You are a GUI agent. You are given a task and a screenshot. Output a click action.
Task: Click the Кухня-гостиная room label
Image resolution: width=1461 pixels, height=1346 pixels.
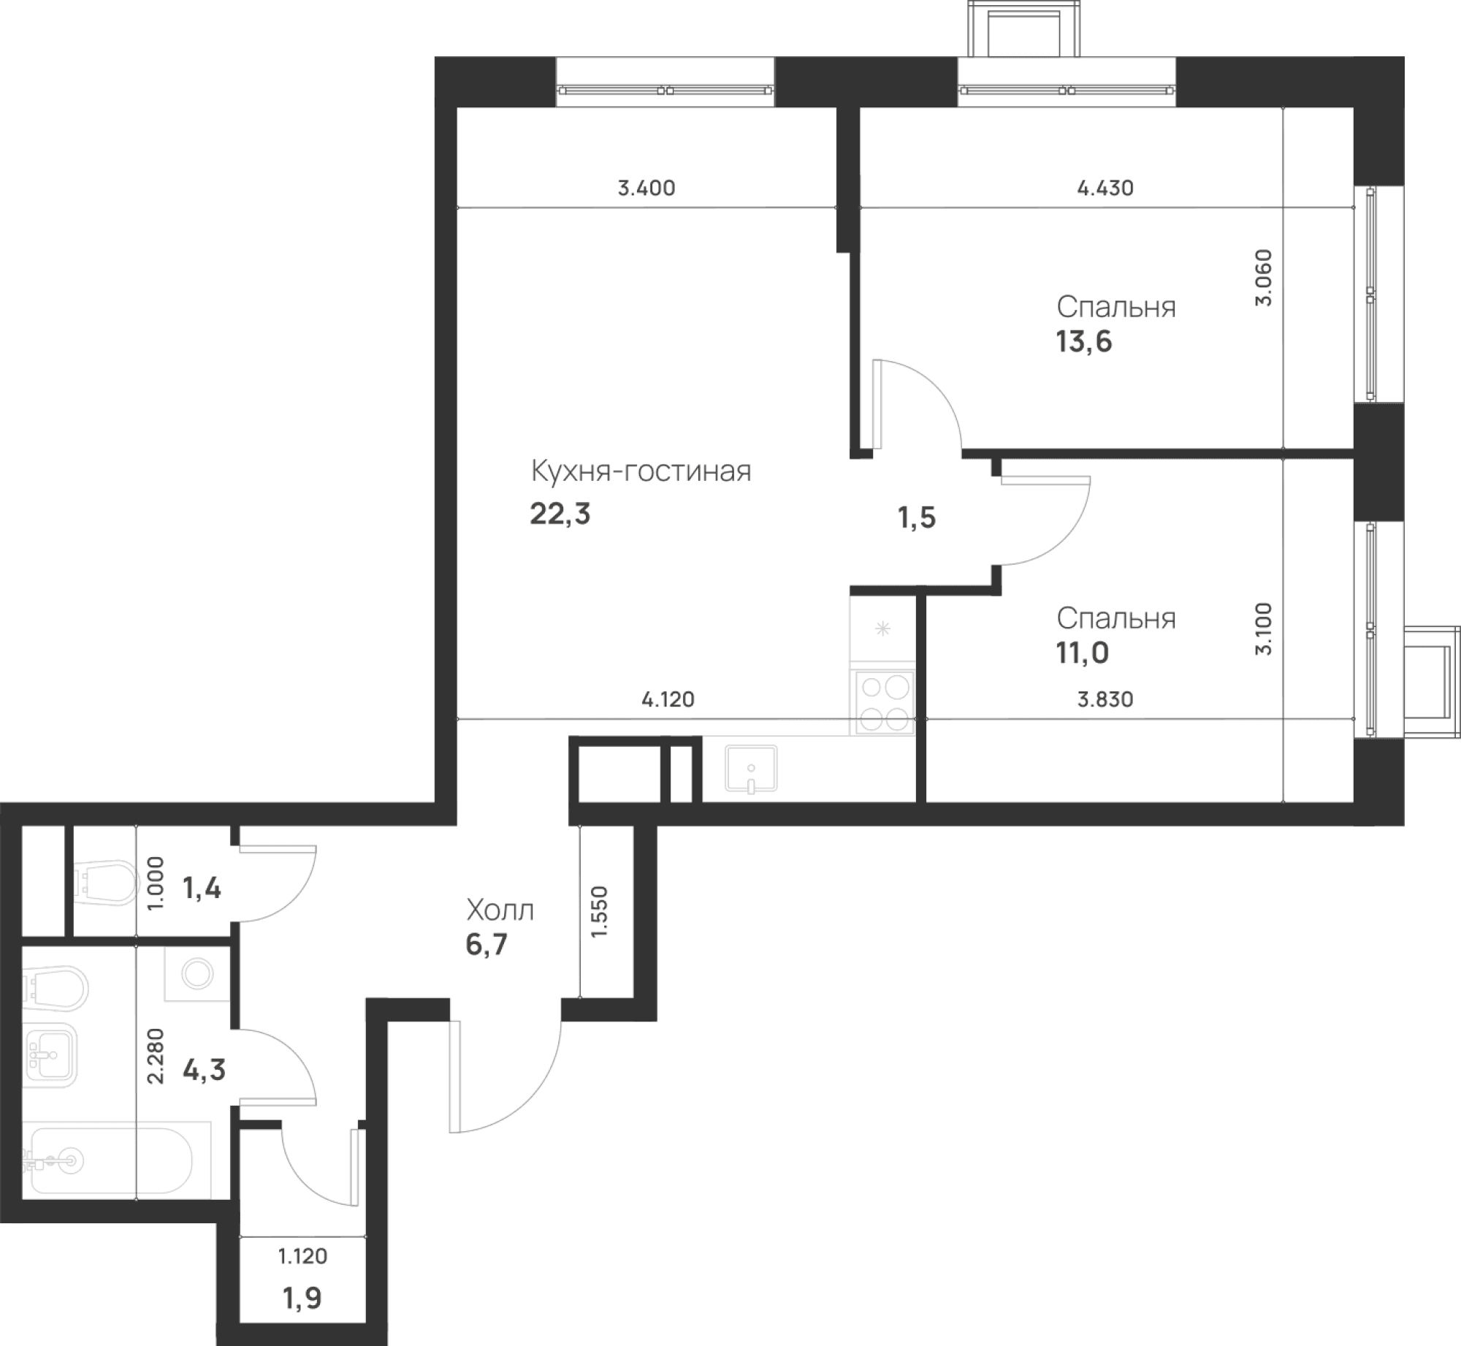[x=641, y=471]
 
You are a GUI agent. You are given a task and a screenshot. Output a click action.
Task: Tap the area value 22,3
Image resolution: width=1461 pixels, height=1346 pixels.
[x=560, y=514]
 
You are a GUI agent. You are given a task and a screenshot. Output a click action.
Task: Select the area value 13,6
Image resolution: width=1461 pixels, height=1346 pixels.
[x=1084, y=341]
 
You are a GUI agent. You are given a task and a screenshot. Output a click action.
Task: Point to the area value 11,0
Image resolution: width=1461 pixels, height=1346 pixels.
[x=1082, y=653]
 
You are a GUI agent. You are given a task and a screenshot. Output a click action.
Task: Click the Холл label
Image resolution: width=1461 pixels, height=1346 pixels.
[x=500, y=910]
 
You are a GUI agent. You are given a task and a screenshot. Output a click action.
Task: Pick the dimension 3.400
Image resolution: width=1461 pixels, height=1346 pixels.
[x=646, y=189]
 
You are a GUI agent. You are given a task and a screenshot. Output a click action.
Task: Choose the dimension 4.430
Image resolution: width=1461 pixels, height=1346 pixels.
[x=1105, y=189]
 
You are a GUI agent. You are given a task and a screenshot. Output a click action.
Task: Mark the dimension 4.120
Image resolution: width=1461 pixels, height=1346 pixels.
[x=668, y=699]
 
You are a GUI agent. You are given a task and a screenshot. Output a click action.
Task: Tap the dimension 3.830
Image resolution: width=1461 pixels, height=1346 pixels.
[x=1105, y=699]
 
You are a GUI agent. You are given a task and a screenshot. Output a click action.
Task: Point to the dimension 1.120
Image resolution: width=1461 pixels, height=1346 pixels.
[x=302, y=1256]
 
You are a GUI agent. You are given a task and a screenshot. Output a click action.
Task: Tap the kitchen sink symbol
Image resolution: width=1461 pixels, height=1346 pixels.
[x=751, y=769]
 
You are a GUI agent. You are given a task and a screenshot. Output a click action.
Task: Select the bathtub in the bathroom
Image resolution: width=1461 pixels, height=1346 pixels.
[x=110, y=1160]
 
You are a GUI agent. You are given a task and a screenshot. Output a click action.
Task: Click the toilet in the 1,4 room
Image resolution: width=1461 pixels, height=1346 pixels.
[x=107, y=883]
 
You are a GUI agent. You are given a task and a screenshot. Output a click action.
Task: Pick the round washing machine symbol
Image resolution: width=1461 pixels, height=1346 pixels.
[x=197, y=974]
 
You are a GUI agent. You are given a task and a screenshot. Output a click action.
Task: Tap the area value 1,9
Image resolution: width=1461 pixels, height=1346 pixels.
[x=302, y=1299]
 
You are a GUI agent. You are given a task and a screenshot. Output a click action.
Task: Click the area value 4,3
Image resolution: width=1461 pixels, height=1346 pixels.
[x=204, y=1071]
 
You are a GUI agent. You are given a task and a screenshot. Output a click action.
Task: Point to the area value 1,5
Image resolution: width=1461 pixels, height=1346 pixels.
[x=917, y=518]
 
